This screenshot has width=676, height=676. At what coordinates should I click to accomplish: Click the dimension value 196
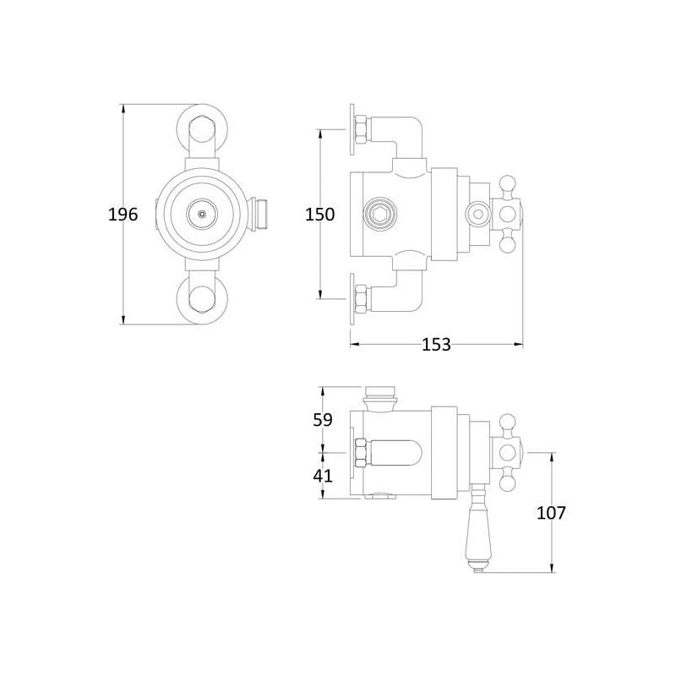123,215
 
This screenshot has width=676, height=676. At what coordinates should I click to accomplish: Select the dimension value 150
320,215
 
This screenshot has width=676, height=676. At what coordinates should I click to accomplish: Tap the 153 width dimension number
436,345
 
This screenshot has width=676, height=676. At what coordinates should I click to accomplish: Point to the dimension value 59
323,420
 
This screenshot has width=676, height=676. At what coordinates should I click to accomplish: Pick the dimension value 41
323,476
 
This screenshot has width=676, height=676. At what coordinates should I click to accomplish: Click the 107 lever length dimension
552,513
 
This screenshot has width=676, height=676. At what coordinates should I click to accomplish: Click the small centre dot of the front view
202,214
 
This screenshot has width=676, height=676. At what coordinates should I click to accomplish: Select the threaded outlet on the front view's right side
260,214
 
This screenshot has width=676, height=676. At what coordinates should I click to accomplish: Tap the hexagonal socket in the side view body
379,214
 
